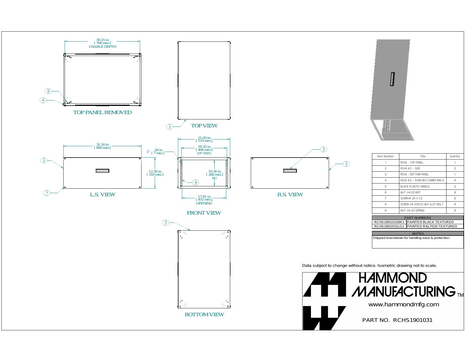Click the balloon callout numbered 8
coord(48,91)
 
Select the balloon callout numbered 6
coord(43,100)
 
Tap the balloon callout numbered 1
coord(170,127)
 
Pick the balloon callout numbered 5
coord(324,149)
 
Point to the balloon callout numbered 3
coord(166,222)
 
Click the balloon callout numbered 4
coord(195,182)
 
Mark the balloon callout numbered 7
coord(47,193)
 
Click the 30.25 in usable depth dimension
coord(103,43)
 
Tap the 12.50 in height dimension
coord(155,173)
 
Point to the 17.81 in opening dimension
coord(204,200)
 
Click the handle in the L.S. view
coord(102,171)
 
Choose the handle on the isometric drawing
coord(392,79)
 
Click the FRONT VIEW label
coord(204,213)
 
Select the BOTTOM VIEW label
coord(204,315)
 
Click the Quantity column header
coord(455,156)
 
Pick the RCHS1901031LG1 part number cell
coord(389,226)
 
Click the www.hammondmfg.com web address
coord(404,304)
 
